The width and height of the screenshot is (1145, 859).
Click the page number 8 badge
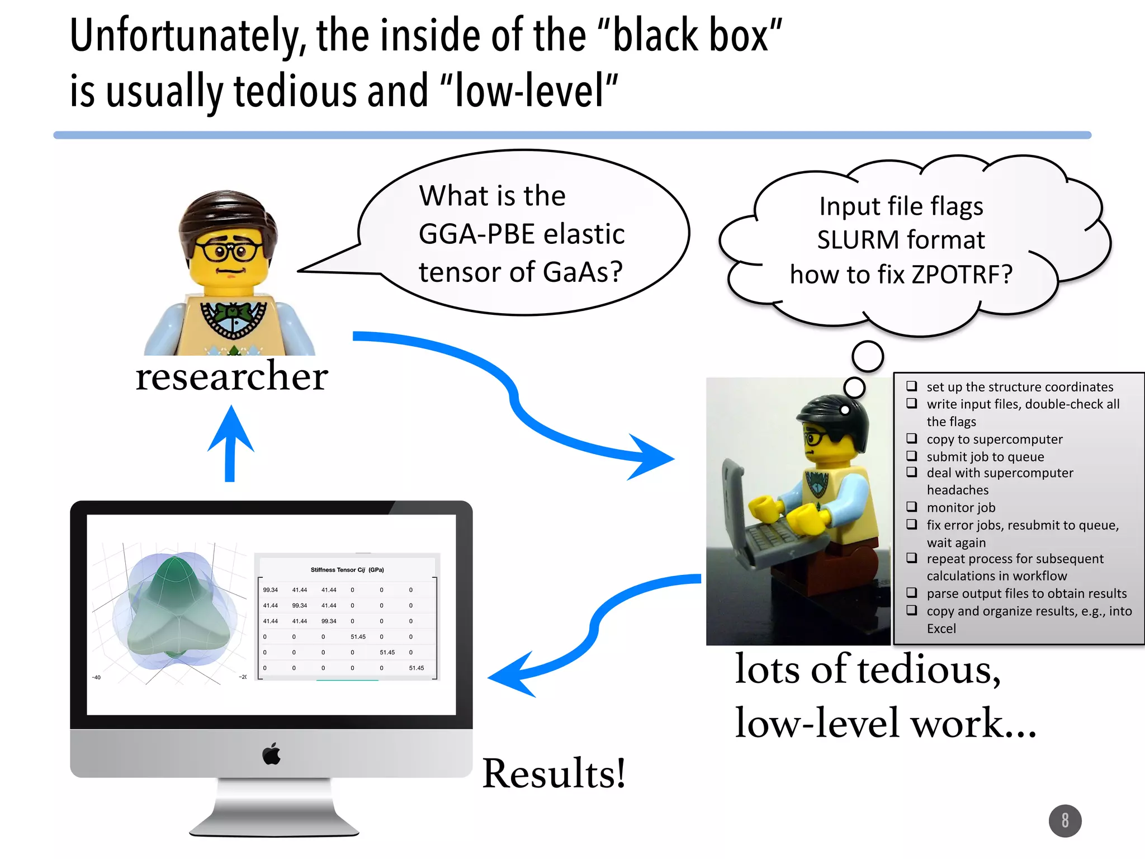point(1064,820)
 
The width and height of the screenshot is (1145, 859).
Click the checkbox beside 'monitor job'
point(912,507)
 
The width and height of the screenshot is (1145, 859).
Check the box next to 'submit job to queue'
point(912,456)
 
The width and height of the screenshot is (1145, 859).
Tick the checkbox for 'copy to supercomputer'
point(912,438)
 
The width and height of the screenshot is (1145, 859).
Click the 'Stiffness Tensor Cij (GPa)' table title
point(347,570)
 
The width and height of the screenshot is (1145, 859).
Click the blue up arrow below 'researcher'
point(230,442)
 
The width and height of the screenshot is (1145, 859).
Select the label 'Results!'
point(553,773)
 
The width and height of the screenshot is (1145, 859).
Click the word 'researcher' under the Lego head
point(231,376)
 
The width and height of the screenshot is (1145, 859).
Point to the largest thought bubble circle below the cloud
point(867,356)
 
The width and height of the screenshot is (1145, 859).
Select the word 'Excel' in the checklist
point(941,629)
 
